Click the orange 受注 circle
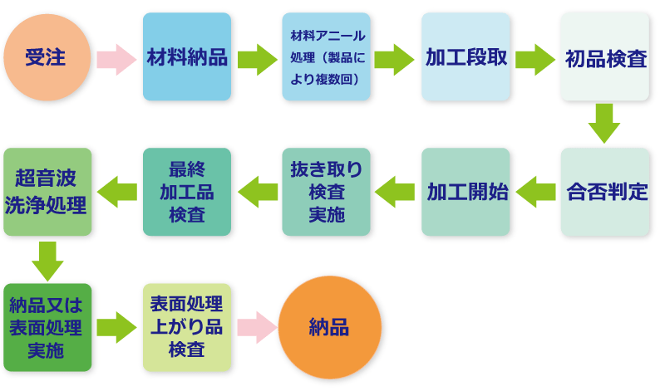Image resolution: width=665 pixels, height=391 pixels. click(47, 57)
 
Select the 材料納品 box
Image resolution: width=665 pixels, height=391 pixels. click(187, 57)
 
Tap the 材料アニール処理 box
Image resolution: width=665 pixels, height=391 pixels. click(326, 57)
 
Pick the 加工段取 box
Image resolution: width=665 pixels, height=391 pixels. click(465, 57)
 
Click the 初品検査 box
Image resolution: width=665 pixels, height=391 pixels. click(605, 57)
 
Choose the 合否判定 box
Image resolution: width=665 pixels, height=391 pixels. click(605, 192)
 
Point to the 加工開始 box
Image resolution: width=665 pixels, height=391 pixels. click(465, 192)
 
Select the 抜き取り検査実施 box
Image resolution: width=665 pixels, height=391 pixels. click(326, 192)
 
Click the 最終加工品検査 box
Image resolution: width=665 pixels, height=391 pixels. click(187, 192)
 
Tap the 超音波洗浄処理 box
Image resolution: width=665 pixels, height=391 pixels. click(47, 192)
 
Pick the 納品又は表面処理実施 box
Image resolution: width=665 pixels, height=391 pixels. click(47, 326)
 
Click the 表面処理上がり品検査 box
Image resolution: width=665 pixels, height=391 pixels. click(187, 326)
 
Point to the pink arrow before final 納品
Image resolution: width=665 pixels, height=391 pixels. click(256, 327)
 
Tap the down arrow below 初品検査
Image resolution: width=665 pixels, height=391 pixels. click(605, 124)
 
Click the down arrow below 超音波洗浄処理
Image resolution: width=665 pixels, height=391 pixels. click(47, 261)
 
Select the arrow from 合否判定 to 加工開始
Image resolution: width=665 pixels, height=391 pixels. click(535, 192)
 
